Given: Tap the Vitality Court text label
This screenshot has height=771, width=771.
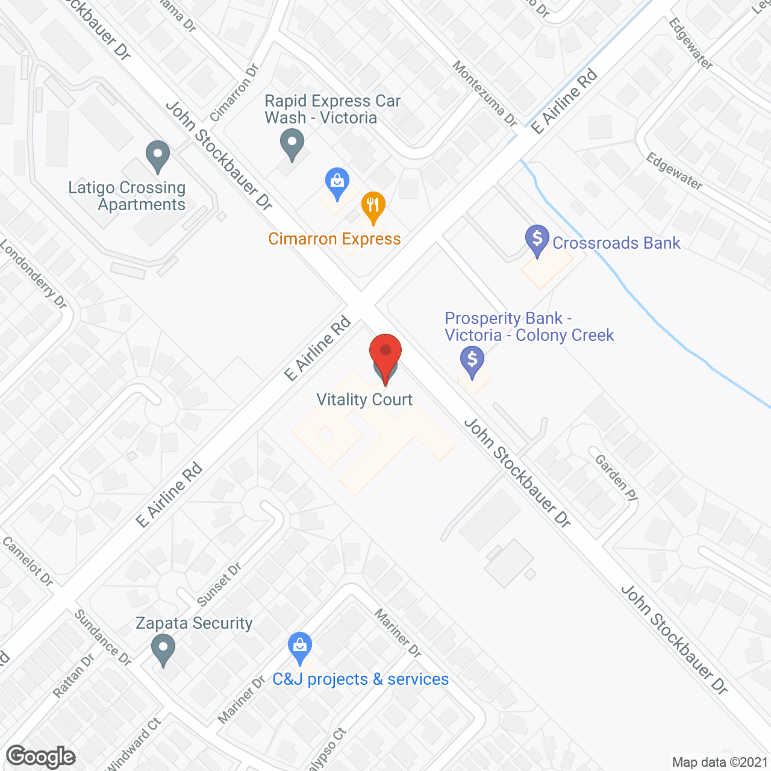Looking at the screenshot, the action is tap(364, 400).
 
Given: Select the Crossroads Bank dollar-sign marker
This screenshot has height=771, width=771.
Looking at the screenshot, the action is tap(537, 239).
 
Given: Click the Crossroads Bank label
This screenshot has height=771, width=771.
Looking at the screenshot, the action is tap(616, 243).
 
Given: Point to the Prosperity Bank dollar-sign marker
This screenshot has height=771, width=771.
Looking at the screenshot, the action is tap(472, 362).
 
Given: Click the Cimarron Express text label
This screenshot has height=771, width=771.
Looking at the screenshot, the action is tap(334, 239).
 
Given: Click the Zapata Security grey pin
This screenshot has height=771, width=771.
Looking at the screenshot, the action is tap(163, 651).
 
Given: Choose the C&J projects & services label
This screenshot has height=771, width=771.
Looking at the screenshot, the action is tap(360, 679).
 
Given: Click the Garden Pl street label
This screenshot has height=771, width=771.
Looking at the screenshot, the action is tap(616, 478).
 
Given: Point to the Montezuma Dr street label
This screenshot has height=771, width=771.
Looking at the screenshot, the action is tap(485, 93).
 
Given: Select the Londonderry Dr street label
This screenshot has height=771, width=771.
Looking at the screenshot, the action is tap(33, 274).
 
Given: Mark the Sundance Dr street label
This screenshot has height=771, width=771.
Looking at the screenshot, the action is tap(102, 637).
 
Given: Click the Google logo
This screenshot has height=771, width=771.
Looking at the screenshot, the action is tap(41, 757).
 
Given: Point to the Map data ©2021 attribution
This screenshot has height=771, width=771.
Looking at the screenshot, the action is tap(720, 763).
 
